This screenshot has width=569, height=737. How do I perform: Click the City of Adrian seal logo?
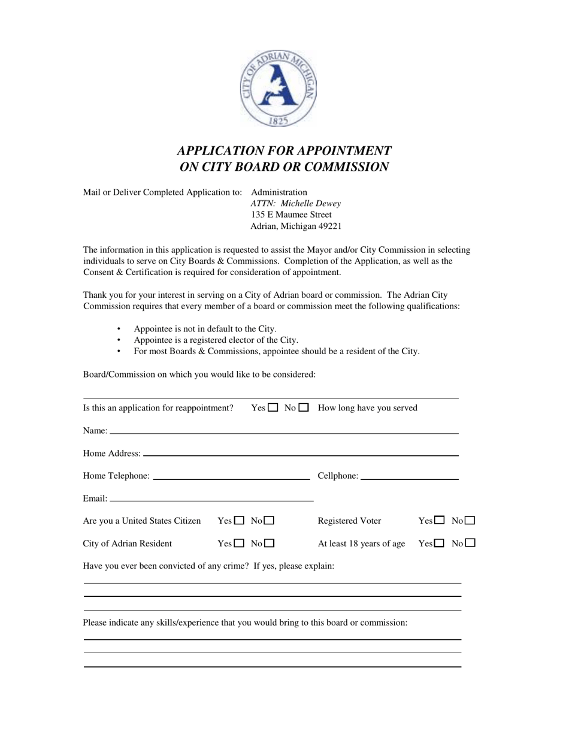279,88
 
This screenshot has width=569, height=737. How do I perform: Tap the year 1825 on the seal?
279,121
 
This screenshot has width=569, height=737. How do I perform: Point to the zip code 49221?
329,226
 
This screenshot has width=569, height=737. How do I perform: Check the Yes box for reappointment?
273,407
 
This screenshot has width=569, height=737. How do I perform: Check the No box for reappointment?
304,407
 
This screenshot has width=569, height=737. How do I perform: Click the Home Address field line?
301,455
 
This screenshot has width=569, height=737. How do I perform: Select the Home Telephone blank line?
232,478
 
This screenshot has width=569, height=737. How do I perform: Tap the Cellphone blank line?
410,478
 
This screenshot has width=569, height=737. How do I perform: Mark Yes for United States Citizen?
240,521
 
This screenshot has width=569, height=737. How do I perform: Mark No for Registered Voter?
470,521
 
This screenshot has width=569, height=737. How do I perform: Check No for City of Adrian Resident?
270,543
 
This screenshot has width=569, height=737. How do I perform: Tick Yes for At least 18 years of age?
440,543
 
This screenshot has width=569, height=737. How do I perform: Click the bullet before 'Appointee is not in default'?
119,329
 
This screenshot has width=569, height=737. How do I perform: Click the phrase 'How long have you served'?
367,408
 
